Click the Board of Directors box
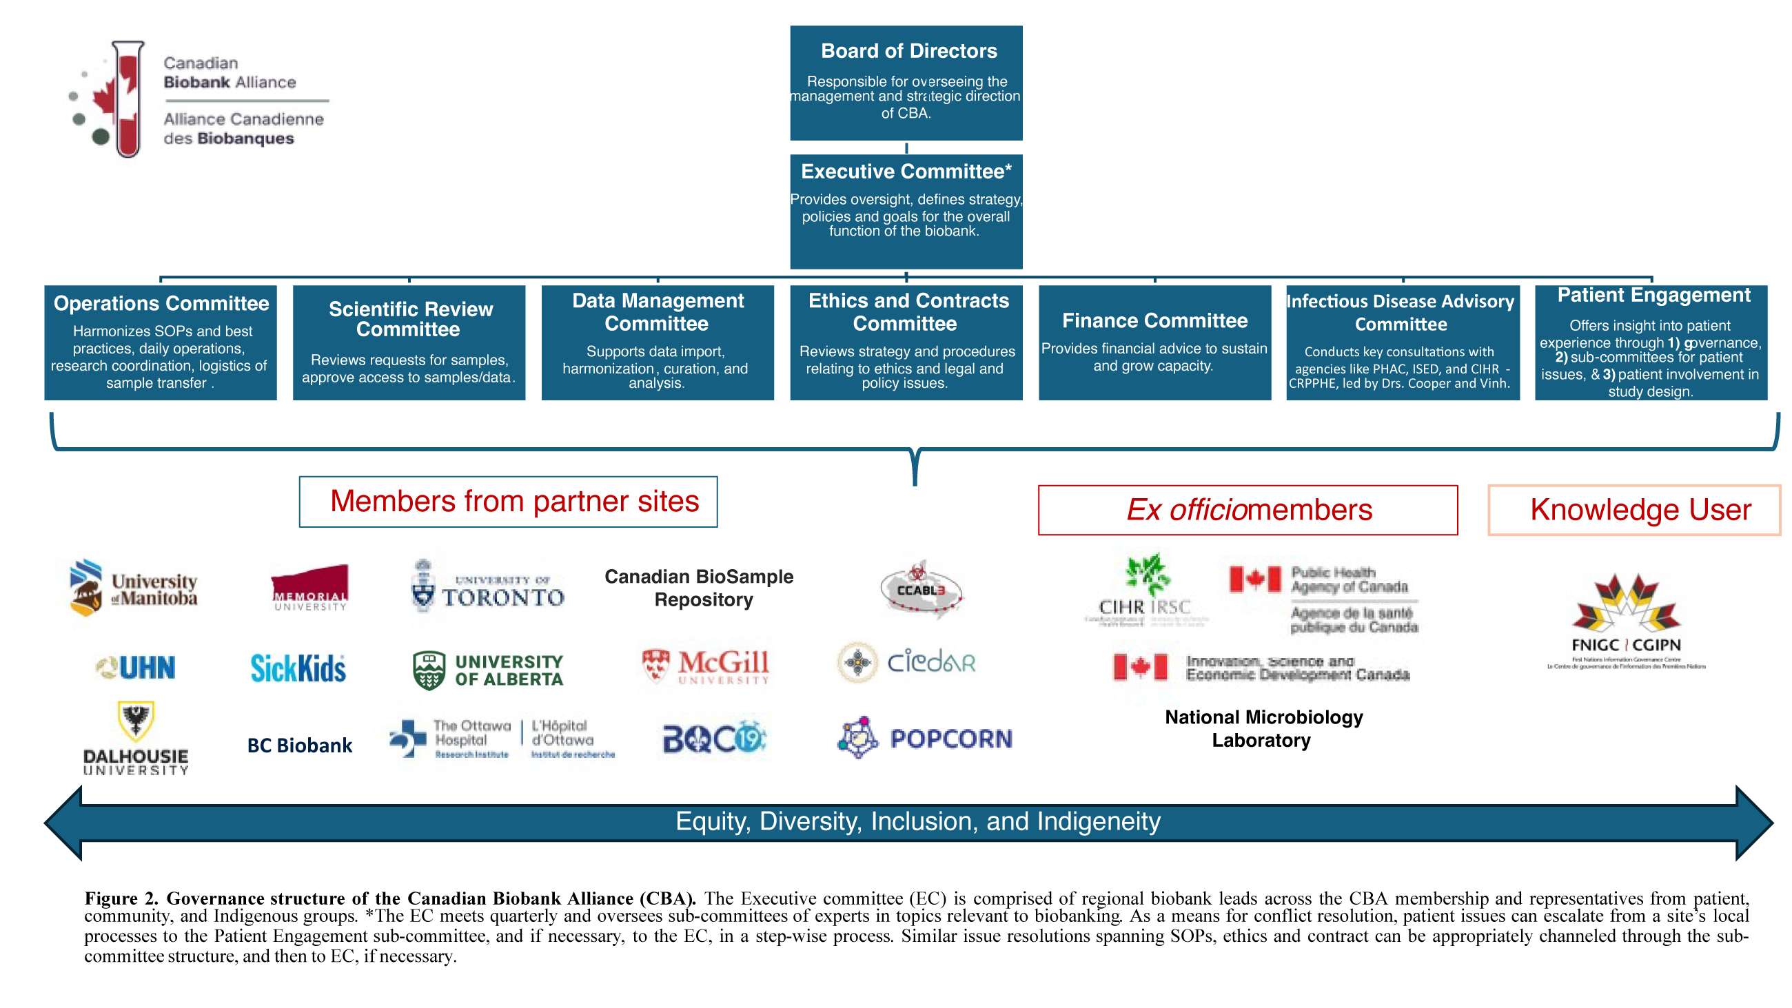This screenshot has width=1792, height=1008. (x=906, y=83)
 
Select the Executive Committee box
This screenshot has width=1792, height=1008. (x=906, y=211)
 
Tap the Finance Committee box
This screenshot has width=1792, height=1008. (x=1154, y=342)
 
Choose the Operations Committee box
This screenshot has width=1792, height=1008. (x=161, y=342)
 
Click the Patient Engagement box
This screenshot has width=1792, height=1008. (x=1650, y=342)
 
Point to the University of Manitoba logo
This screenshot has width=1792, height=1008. (x=134, y=588)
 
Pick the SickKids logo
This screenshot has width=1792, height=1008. (x=298, y=668)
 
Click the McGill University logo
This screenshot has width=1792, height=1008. (x=705, y=666)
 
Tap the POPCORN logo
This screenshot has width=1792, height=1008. (x=924, y=737)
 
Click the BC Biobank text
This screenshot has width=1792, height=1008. (x=300, y=745)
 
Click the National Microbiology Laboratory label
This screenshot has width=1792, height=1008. (x=1263, y=728)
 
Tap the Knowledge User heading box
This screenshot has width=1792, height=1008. (x=1633, y=510)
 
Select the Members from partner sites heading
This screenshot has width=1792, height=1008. (x=509, y=502)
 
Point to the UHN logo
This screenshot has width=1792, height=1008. (x=136, y=667)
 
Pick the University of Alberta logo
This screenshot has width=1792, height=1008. (x=488, y=669)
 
